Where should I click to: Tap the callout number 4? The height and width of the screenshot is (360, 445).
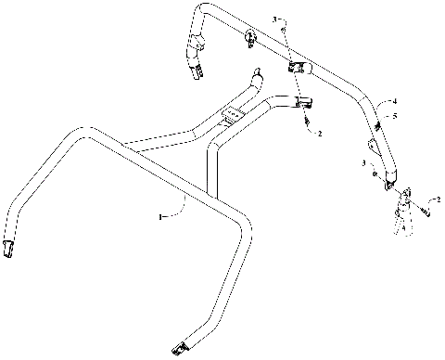(394, 100)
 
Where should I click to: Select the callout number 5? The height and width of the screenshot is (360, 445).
(394, 116)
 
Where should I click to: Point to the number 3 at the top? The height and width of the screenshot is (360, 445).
(273, 19)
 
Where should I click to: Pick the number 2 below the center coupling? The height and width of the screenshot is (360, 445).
(320, 134)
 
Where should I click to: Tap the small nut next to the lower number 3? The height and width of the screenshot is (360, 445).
(374, 171)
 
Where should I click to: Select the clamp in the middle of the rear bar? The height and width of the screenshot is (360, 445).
(299, 68)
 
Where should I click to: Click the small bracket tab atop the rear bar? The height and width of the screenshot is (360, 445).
(250, 38)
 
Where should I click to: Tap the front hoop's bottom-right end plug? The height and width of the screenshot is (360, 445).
(179, 348)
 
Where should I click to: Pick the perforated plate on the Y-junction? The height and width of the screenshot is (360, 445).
(228, 117)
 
